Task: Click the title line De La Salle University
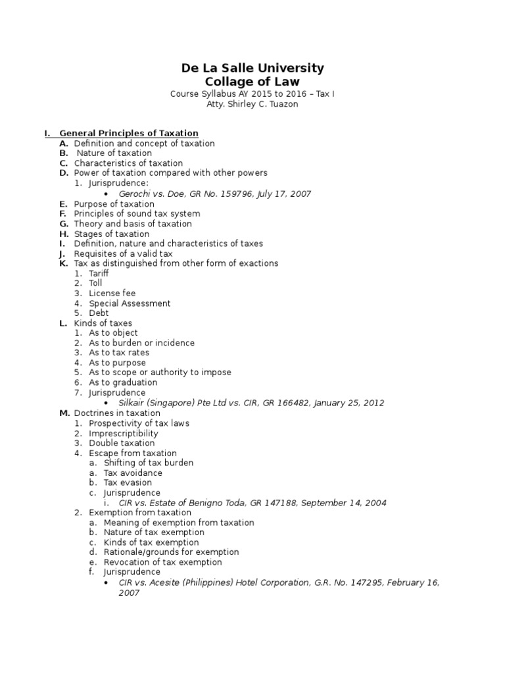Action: pos(252,68)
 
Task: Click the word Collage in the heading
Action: pos(228,82)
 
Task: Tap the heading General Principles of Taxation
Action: pos(129,134)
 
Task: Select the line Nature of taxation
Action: pos(114,153)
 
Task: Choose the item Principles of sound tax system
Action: pos(137,214)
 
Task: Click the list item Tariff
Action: pos(99,274)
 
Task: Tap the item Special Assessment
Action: pos(130,303)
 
